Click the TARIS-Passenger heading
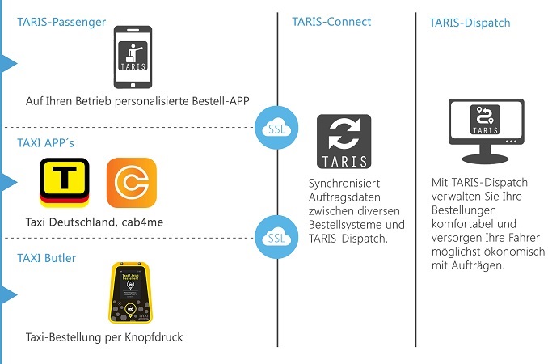(x=61, y=22)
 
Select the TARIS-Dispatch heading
(x=470, y=23)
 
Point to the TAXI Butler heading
(x=47, y=257)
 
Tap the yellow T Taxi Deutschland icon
(x=64, y=183)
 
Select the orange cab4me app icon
(x=131, y=183)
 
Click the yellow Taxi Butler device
(x=133, y=293)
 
